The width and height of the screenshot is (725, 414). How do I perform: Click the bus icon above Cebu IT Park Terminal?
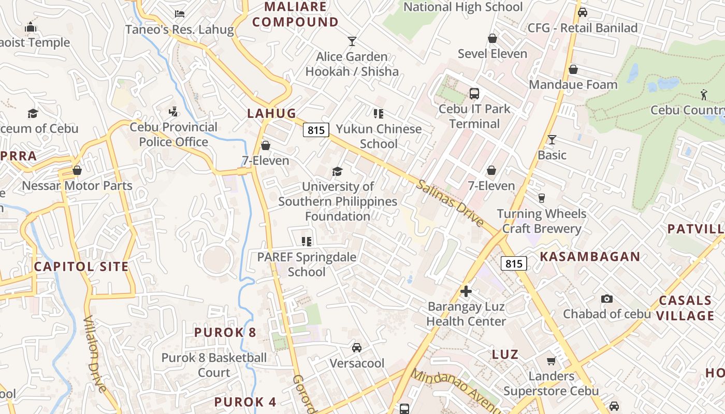[474, 94]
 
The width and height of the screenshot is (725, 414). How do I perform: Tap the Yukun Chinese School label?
[379, 136]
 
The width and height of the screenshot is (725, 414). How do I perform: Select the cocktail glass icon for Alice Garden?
[352, 41]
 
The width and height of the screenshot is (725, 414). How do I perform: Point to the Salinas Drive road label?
[450, 203]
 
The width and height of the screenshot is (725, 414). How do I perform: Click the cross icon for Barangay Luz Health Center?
[466, 291]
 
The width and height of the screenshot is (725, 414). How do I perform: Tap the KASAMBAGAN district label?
[590, 257]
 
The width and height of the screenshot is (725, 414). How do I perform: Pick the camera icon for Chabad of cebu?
[606, 299]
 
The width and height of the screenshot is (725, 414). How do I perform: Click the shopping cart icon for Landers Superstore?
[551, 361]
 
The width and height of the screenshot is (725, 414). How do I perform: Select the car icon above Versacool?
[357, 347]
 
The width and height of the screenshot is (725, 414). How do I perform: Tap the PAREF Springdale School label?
[307, 264]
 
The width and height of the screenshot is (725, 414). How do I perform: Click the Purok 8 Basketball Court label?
[214, 365]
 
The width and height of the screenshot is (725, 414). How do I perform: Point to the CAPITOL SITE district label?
[81, 267]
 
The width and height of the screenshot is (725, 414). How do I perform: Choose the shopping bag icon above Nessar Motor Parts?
[77, 170]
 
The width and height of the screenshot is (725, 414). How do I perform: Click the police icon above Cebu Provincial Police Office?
[173, 111]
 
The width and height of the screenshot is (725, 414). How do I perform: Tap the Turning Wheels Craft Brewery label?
[542, 221]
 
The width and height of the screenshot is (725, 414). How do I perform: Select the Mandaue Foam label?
[573, 84]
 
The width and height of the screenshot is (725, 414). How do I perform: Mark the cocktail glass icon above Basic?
[552, 140]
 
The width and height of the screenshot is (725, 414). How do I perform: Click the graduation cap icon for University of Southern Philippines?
[338, 171]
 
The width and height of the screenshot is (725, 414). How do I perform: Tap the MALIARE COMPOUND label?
[296, 14]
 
